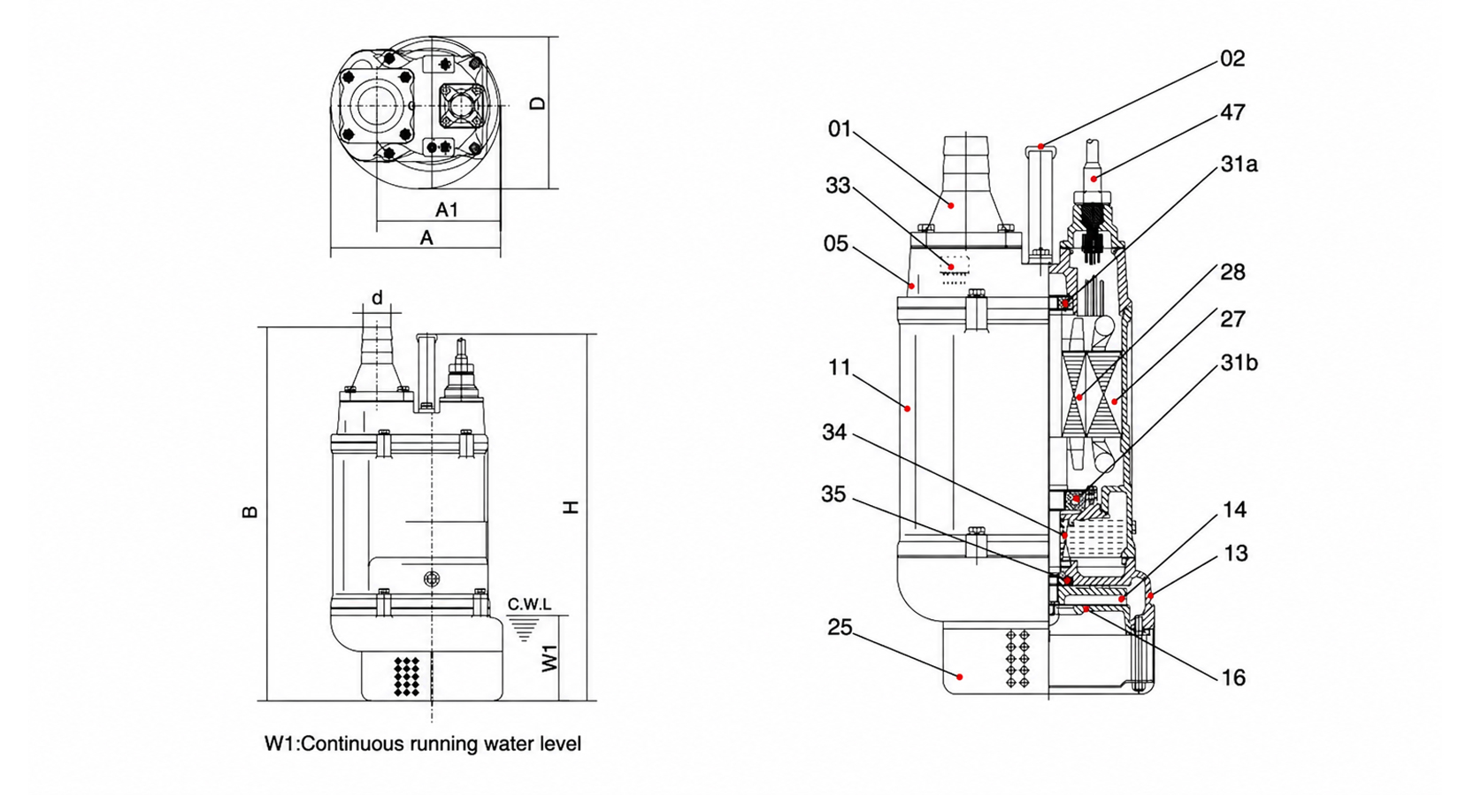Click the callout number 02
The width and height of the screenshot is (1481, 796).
click(1232, 59)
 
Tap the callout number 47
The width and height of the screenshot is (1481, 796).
click(1232, 112)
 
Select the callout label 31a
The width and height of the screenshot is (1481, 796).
click(1239, 164)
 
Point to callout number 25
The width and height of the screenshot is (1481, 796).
click(840, 627)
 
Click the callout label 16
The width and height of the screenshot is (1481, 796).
click(1233, 677)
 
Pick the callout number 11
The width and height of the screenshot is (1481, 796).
click(840, 367)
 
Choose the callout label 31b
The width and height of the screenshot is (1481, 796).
click(1239, 363)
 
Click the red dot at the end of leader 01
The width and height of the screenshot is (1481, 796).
click(951, 205)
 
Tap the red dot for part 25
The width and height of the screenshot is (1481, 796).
click(959, 677)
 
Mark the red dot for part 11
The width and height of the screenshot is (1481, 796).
click(907, 409)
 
